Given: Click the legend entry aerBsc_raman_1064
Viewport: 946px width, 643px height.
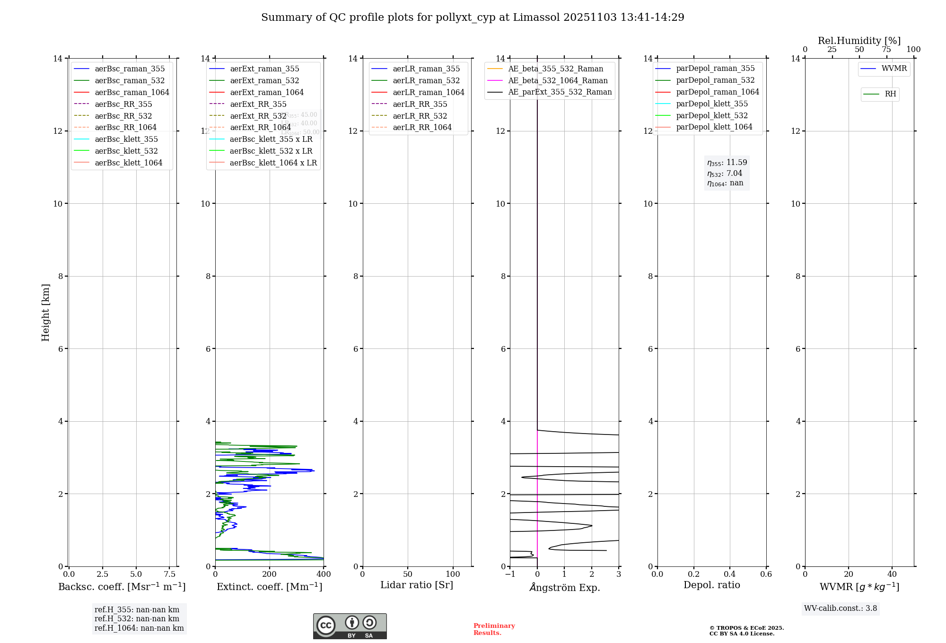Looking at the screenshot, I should pos(132,92).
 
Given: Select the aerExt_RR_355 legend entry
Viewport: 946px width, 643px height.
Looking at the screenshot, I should pos(258,104).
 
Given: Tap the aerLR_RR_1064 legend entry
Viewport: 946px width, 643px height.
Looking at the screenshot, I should pos(422,127).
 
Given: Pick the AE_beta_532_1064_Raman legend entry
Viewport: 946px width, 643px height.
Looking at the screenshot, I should pos(558,80).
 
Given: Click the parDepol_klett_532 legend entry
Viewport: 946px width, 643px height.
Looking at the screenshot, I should pos(712,115).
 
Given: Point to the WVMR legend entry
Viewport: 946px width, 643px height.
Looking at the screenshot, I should pos(894,69).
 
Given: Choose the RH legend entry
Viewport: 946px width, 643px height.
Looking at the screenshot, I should pos(890,94).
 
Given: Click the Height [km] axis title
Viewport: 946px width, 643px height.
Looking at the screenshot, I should pos(45,313).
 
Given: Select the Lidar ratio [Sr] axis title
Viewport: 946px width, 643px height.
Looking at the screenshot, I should pos(417,585).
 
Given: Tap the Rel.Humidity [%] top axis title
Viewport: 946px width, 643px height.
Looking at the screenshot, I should pos(859,41).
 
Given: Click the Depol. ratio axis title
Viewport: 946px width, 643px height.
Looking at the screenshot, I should pos(711,585).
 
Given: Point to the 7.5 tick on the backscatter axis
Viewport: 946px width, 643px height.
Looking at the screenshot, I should pos(170,574).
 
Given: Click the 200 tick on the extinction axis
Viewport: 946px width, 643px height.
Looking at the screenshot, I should pos(270,574).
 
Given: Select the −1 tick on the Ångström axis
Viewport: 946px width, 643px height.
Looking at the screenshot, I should pos(510,574).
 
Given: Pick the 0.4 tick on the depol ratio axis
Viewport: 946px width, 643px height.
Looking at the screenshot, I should pos(730,574).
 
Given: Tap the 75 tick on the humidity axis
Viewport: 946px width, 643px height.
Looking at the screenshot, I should pos(886,49).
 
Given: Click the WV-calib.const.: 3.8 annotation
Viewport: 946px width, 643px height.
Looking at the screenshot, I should pos(841,608).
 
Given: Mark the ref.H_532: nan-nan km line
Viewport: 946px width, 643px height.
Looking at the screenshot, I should pos(137,618).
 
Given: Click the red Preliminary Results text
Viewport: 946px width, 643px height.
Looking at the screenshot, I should pos(494,629).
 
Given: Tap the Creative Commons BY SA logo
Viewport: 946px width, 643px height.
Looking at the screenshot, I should pos(350,626).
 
